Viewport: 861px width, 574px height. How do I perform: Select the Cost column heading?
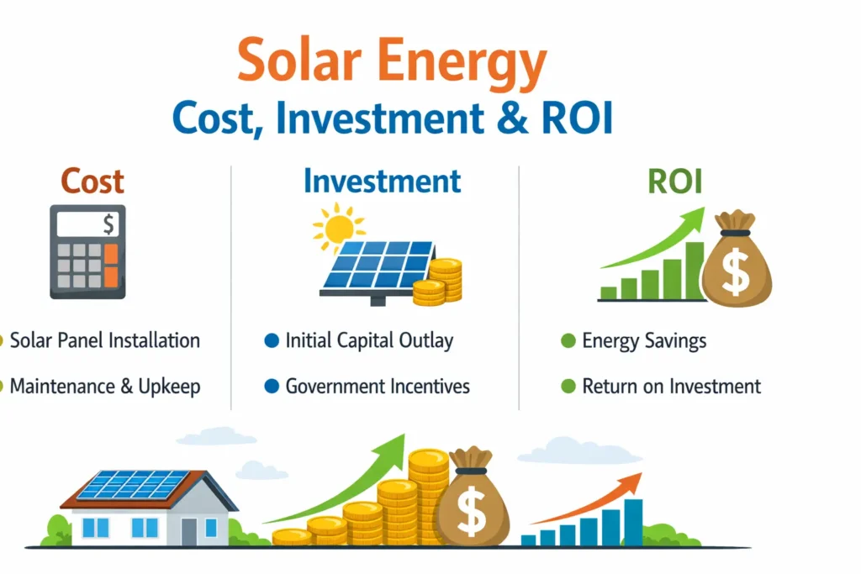coord(92,182)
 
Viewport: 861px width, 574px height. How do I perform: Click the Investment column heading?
coord(382,182)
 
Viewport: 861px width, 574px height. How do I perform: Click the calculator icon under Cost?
coord(87,252)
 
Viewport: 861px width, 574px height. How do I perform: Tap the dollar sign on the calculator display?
coord(108,224)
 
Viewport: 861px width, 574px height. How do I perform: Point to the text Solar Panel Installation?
coord(105,340)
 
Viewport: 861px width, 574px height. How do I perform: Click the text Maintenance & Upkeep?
coord(105,387)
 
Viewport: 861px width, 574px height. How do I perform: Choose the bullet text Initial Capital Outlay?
coord(369,340)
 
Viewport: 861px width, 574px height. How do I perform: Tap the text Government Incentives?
coord(378,387)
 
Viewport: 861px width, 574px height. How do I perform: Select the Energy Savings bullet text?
coord(644,340)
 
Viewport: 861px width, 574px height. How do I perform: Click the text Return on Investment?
coord(671,387)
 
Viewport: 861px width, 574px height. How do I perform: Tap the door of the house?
coord(188,530)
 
